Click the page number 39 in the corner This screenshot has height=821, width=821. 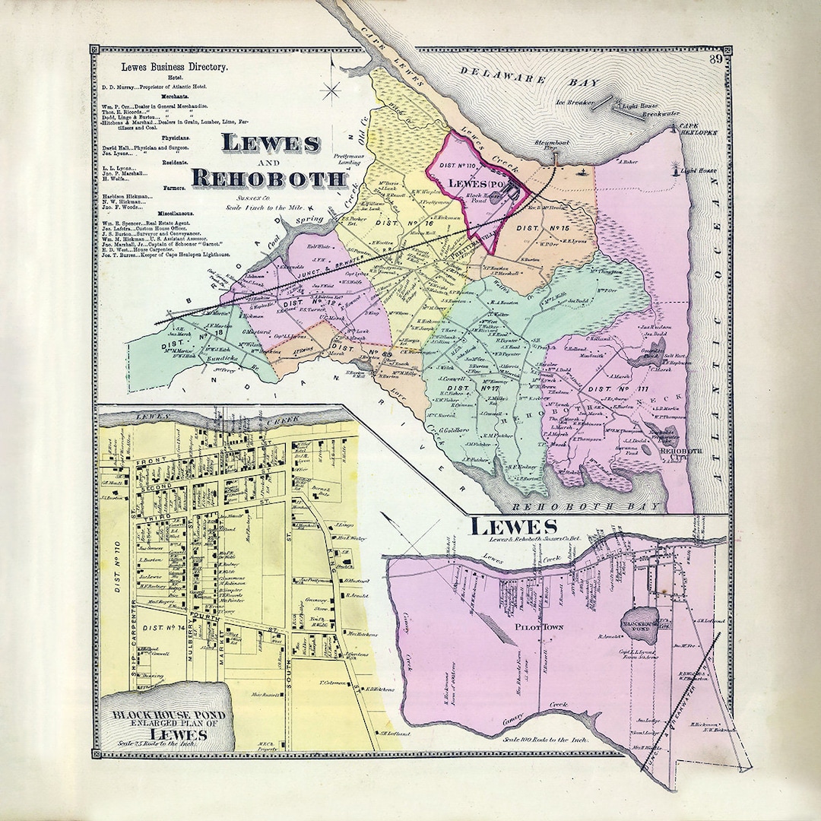[x=715, y=60]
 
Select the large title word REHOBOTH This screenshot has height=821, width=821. [x=268, y=178]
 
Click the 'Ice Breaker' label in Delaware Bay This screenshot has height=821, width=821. [x=575, y=101]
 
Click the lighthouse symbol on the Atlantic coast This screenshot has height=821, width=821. [x=676, y=168]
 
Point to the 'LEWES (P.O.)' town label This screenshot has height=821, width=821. [x=478, y=183]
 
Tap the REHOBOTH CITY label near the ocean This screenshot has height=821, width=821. [x=682, y=453]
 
